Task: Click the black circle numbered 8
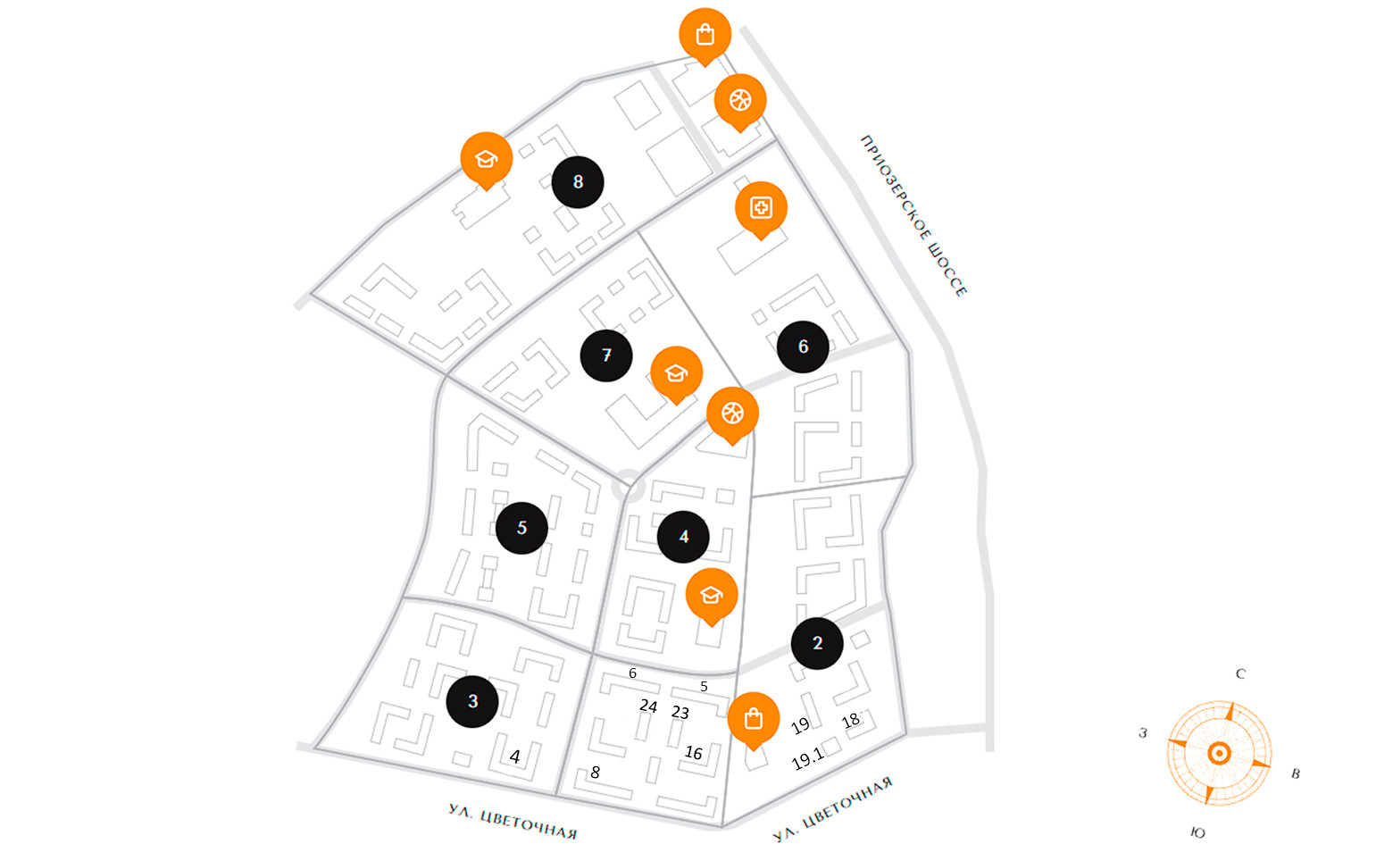pyautogui.click(x=578, y=182)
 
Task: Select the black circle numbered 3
pyautogui.click(x=472, y=701)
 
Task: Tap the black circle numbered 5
pyautogui.click(x=521, y=528)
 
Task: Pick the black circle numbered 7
pyautogui.click(x=606, y=355)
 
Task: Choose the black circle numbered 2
pyautogui.click(x=817, y=643)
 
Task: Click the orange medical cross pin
pyautogui.click(x=761, y=208)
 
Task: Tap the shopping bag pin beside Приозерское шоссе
pyautogui.click(x=705, y=36)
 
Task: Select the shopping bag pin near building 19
pyautogui.click(x=753, y=719)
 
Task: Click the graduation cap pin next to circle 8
pyautogui.click(x=486, y=159)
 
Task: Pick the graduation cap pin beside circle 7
pyautogui.click(x=676, y=373)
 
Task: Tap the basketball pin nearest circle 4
pyautogui.click(x=732, y=414)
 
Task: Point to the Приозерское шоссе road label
pyautogui.click(x=913, y=215)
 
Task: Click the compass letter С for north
pyautogui.click(x=1239, y=674)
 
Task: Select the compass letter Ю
pyautogui.click(x=1197, y=832)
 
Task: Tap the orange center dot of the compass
pyautogui.click(x=1219, y=754)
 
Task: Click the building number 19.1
pyautogui.click(x=807, y=759)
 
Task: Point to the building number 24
pyautogui.click(x=648, y=706)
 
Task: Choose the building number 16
pyautogui.click(x=693, y=753)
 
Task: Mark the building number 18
pyautogui.click(x=850, y=721)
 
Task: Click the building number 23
pyautogui.click(x=680, y=713)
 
